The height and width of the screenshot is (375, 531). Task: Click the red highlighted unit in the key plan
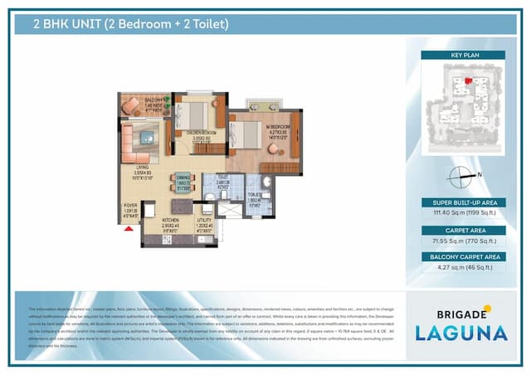pos(468,80)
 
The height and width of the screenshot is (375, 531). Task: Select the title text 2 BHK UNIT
pos(67,24)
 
